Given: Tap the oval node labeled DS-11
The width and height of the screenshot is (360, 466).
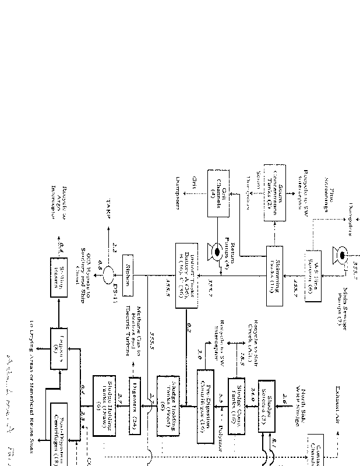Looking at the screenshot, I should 107,274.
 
